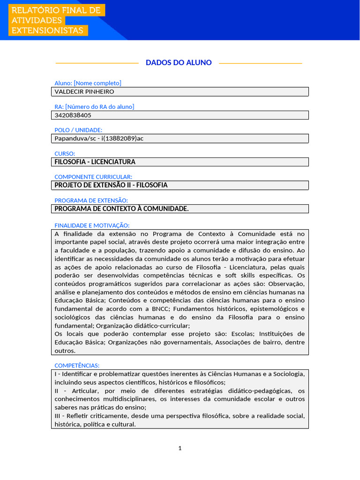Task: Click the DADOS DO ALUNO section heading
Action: tap(179, 62)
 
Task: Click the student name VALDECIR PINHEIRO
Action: tap(84, 92)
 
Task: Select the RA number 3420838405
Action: tap(73, 115)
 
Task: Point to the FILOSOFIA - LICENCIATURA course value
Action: tap(95, 162)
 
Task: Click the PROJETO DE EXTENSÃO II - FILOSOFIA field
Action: tap(111, 185)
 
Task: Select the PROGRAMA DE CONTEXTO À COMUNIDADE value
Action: tap(122, 209)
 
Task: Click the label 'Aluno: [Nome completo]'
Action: tap(88, 83)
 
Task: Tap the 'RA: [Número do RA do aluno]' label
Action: tap(94, 106)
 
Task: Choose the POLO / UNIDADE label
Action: tap(78, 130)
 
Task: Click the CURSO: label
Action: tap(65, 153)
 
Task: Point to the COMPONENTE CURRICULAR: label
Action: tap(93, 177)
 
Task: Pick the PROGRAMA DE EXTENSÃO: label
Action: tap(91, 200)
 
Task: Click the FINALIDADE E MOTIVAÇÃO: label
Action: tap(92, 225)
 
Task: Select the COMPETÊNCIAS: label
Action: tap(77, 365)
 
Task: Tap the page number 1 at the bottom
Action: tap(180, 448)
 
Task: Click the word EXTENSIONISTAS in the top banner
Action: tap(47, 30)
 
